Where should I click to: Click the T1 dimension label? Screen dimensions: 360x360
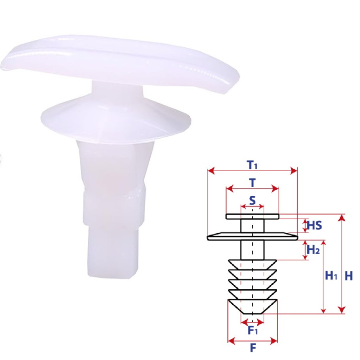click(252, 165)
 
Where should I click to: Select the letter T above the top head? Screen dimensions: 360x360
click(252, 183)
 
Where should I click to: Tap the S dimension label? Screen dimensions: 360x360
click(252, 200)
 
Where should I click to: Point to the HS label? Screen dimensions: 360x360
click(315, 225)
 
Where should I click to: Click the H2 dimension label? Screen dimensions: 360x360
click(313, 250)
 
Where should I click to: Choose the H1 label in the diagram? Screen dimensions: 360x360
click(331, 275)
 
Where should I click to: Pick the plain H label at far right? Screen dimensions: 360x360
click(349, 275)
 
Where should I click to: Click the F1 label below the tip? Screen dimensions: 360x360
click(253, 330)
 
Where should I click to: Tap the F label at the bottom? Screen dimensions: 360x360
click(253, 348)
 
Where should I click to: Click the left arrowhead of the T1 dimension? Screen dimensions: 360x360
click(211, 171)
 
